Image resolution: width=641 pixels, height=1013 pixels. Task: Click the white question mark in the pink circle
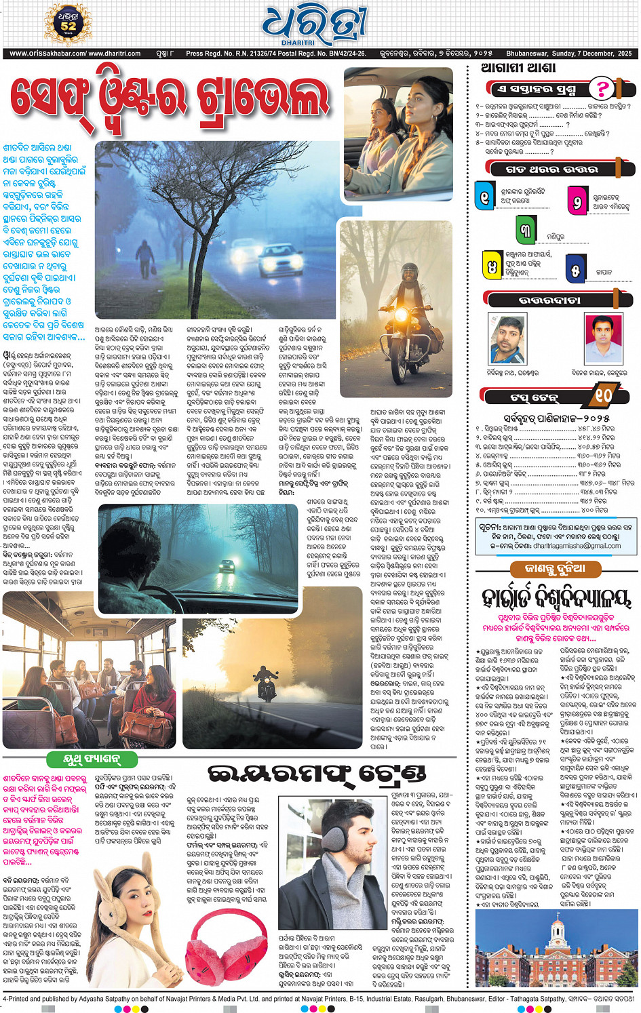click(x=601, y=88)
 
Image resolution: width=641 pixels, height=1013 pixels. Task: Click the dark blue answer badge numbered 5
click(x=575, y=269)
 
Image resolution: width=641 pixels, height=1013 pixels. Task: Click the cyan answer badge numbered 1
click(x=484, y=197)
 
